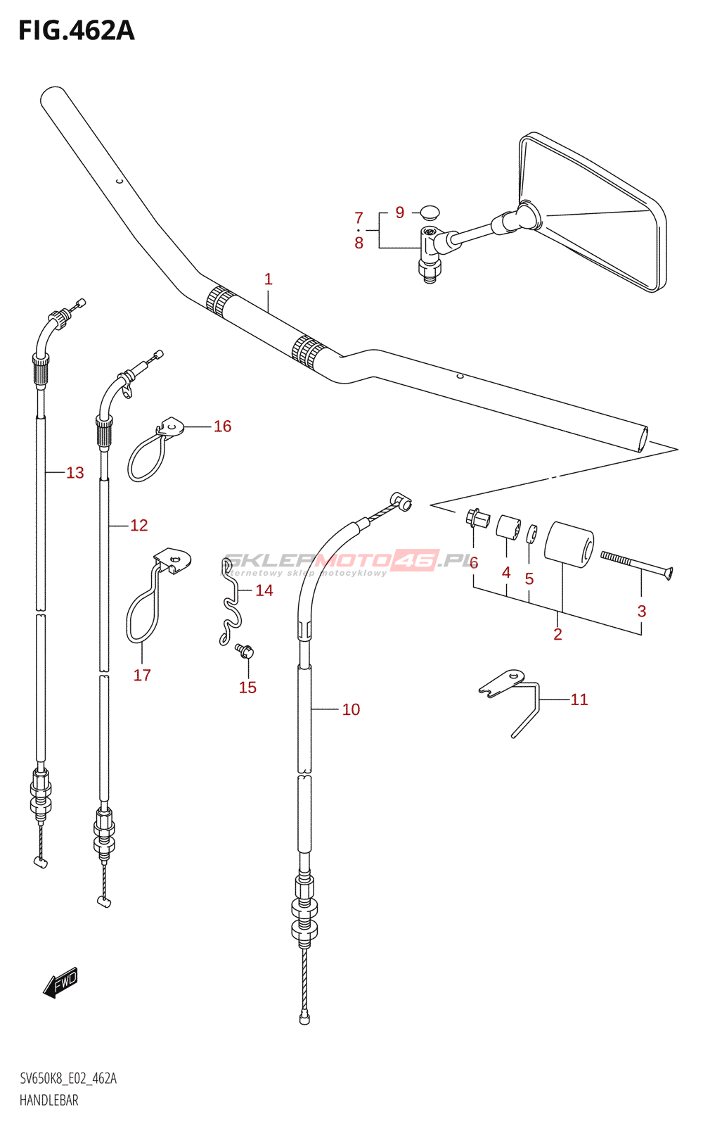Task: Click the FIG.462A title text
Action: point(77,31)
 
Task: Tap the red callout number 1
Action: point(268,279)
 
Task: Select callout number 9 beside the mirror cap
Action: point(400,213)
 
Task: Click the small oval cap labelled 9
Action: point(430,213)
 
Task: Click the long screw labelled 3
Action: point(637,564)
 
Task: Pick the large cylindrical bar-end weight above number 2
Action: point(569,547)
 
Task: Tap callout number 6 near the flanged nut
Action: point(474,562)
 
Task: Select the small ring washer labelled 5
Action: point(531,534)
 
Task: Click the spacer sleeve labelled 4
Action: point(508,528)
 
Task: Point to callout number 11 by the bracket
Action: point(579,700)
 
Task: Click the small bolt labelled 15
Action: point(244,651)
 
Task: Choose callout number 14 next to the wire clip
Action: point(264,590)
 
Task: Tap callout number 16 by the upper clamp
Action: point(222,426)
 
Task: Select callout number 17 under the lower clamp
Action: point(142,675)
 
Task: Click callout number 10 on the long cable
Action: point(351,709)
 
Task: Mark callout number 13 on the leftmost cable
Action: point(75,472)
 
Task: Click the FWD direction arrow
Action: point(60,981)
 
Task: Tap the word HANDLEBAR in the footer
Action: point(49,1101)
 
